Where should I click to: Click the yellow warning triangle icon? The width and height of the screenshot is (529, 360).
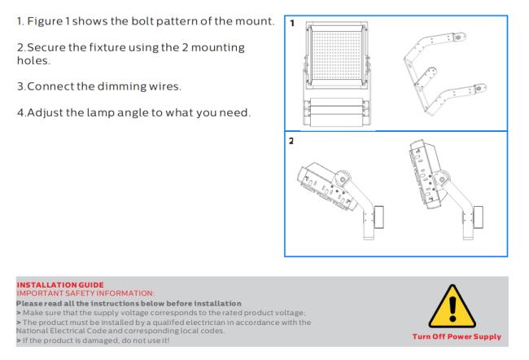(x=452, y=306)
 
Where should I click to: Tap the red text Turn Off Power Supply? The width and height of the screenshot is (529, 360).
(x=457, y=336)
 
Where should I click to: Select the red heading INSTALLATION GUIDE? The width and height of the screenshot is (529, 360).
(x=60, y=285)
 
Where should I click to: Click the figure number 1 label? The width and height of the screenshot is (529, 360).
(x=292, y=24)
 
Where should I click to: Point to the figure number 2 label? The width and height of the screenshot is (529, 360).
(x=291, y=141)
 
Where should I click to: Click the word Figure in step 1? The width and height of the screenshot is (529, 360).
(x=45, y=22)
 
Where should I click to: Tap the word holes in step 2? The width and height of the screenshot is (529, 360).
(x=33, y=60)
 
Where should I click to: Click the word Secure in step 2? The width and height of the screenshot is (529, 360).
(x=46, y=47)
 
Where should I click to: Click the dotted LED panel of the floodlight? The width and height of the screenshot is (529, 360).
(x=337, y=55)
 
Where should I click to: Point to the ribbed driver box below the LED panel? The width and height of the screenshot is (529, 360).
(x=337, y=112)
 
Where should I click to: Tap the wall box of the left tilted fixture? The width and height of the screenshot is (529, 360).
(x=378, y=217)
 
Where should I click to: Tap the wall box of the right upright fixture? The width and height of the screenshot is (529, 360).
(x=478, y=217)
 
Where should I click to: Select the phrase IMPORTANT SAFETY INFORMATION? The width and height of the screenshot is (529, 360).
(x=85, y=293)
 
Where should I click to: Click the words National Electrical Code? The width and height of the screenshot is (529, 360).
(x=61, y=331)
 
